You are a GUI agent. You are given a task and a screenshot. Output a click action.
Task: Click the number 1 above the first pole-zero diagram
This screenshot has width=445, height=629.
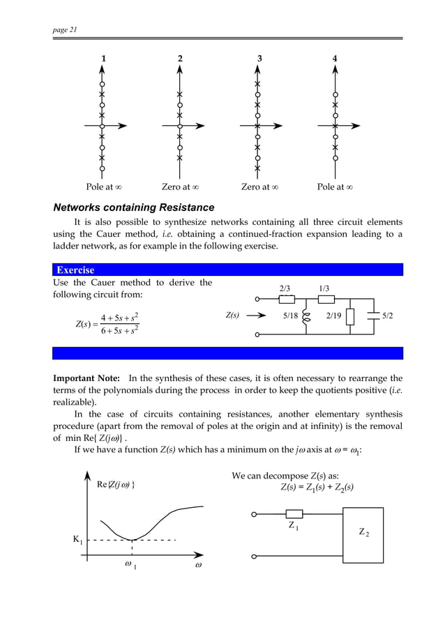coord(104,59)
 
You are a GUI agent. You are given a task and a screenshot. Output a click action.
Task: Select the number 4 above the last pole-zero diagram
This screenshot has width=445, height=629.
coord(335,59)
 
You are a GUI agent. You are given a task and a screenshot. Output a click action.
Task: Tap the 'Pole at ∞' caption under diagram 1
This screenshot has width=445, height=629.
coord(105,187)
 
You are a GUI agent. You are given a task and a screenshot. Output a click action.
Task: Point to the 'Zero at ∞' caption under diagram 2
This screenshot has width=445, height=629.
coord(181,187)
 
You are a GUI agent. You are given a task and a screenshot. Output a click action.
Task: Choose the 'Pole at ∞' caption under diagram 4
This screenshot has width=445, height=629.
coord(335,187)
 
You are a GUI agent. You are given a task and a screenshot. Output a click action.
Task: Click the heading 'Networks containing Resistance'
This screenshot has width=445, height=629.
coord(134,208)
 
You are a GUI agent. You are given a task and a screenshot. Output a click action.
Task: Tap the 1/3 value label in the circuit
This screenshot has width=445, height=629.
coord(324,288)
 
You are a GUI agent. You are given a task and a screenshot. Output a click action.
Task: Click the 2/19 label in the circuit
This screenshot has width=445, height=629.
coord(335,316)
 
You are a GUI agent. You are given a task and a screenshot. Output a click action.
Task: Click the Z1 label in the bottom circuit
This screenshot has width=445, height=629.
coord(294,527)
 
